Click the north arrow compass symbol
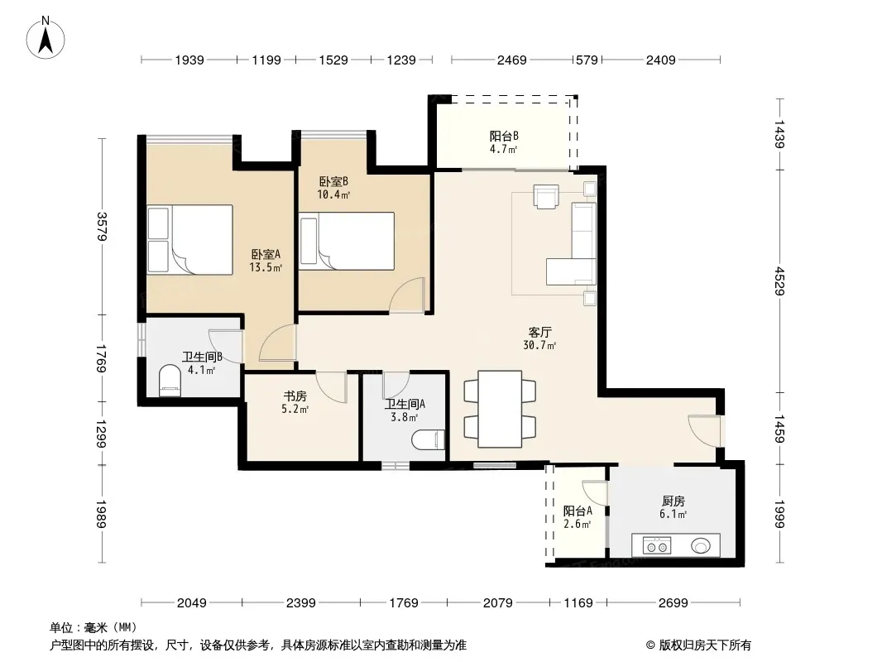pyautogui.click(x=46, y=37)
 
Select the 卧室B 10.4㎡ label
pyautogui.click(x=333, y=188)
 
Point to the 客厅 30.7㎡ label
pyautogui.click(x=539, y=338)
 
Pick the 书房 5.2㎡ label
pyautogui.click(x=295, y=402)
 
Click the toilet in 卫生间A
pyautogui.click(x=428, y=440)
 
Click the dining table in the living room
pyautogui.click(x=500, y=409)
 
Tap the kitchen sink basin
pyautogui.click(x=700, y=545)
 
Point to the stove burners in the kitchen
pyautogui.click(x=656, y=545)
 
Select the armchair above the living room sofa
pyautogui.click(x=546, y=197)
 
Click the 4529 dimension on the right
pyautogui.click(x=779, y=281)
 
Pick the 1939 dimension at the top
pyautogui.click(x=189, y=60)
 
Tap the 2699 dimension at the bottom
pyautogui.click(x=673, y=603)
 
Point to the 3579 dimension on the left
pyautogui.click(x=102, y=227)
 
